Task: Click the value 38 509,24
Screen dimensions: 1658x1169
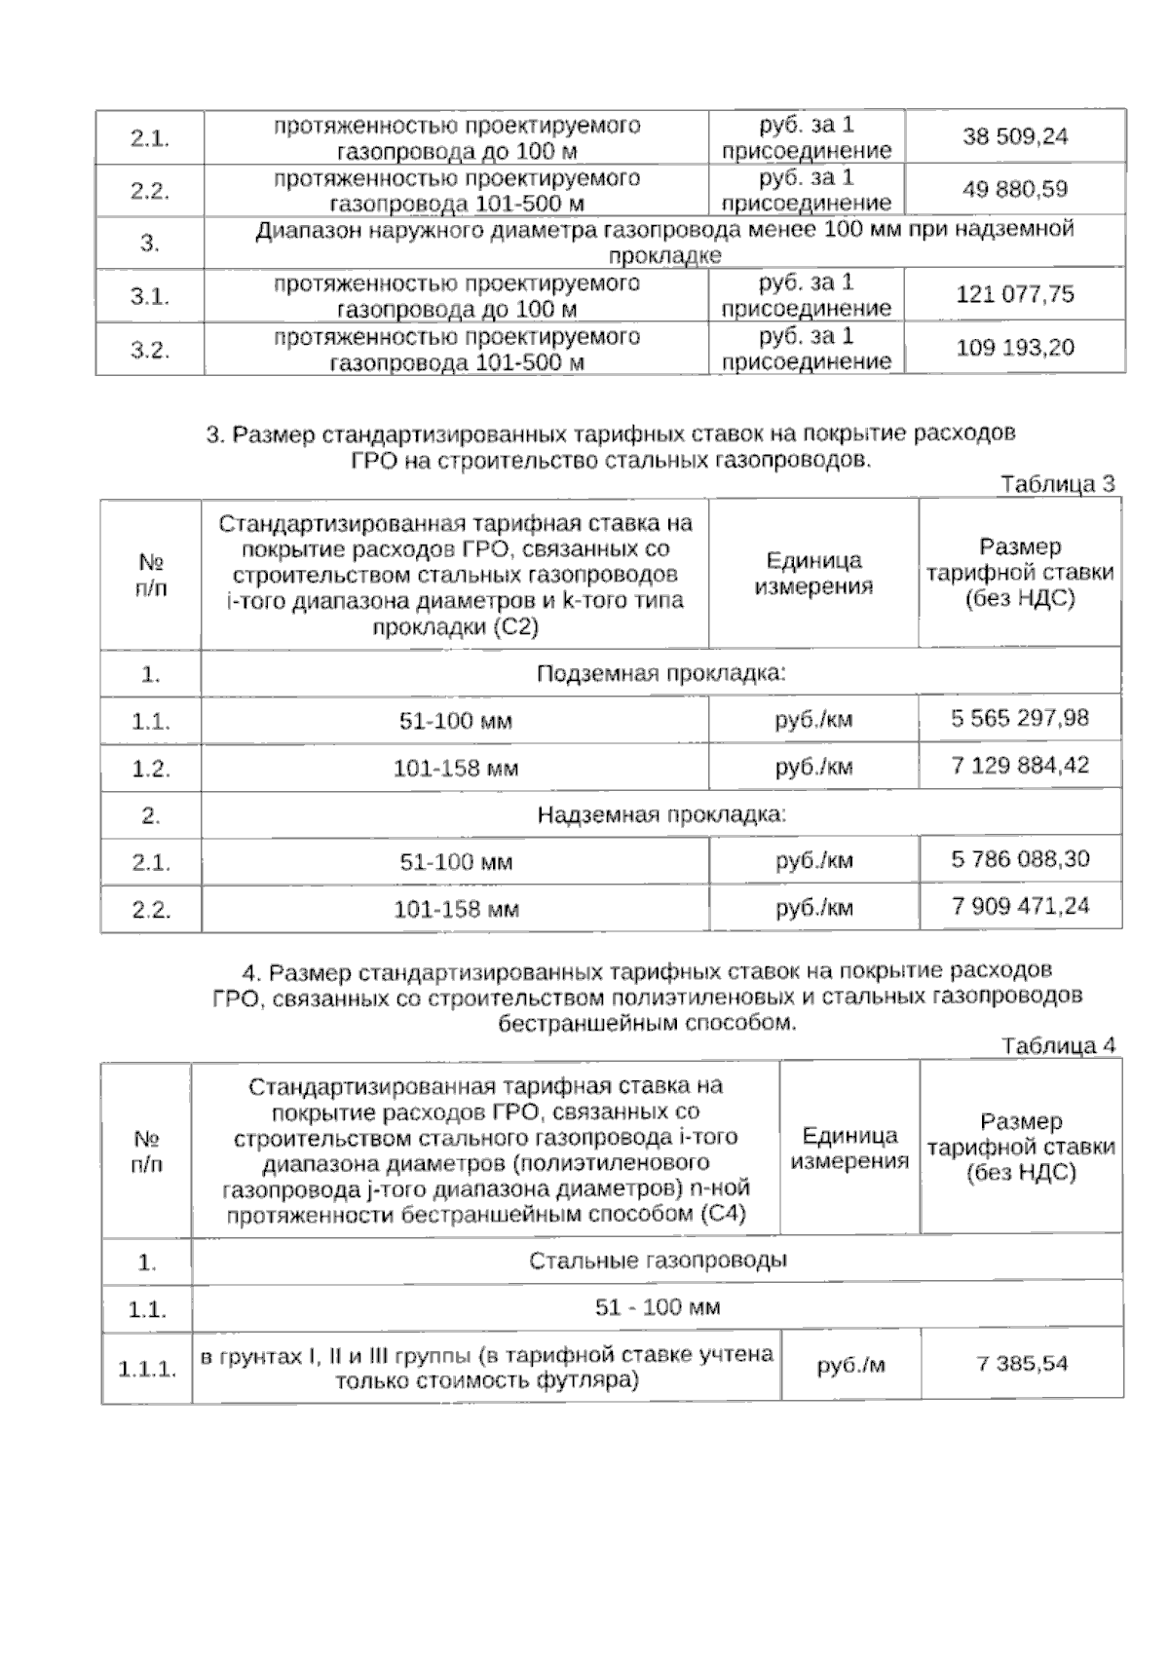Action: coord(1015,136)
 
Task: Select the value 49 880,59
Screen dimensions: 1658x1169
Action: coord(1015,189)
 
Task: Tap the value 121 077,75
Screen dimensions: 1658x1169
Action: coord(1015,294)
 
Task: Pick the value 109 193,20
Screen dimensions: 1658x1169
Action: coord(1015,347)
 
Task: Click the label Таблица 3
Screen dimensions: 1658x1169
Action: coord(1057,484)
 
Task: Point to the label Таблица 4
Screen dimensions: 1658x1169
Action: coord(1058,1045)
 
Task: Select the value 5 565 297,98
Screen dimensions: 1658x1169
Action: coord(1020,719)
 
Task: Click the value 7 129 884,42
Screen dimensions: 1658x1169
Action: coord(1020,766)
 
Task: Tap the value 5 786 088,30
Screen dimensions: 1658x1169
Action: coord(1020,859)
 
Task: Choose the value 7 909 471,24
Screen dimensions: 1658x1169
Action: coord(1020,906)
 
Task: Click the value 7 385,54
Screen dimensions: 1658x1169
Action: coord(1022,1364)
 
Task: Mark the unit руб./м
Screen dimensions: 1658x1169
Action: coord(850,1366)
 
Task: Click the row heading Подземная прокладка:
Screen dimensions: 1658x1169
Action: coord(661,674)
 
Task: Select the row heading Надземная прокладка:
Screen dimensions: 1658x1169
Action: coord(661,814)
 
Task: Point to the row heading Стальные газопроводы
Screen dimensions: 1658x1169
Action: coord(658,1261)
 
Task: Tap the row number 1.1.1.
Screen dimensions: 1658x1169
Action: coord(147,1369)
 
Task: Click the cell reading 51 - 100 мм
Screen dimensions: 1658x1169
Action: coord(658,1307)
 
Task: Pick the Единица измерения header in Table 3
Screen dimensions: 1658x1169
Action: coord(813,574)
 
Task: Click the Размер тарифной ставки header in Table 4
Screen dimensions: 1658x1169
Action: coord(1021,1147)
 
